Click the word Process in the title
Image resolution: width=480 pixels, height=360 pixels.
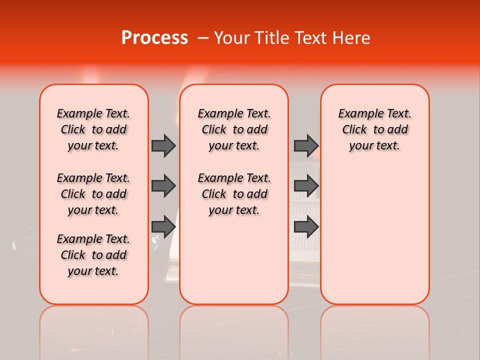[x=154, y=38]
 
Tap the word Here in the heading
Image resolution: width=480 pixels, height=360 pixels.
[x=350, y=38]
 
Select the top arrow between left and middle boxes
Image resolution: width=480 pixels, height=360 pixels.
[x=163, y=145]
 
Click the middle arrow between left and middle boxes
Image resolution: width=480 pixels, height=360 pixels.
[x=163, y=186]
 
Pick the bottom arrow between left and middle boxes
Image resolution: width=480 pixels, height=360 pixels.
[x=163, y=226]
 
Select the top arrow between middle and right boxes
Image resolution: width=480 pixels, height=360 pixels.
[x=306, y=145]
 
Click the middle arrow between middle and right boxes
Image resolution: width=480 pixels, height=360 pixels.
[x=306, y=186]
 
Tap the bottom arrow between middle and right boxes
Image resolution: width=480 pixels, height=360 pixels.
[x=306, y=226]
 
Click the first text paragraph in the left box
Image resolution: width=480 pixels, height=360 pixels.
[x=93, y=129]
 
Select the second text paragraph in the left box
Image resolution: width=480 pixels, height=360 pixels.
[x=93, y=194]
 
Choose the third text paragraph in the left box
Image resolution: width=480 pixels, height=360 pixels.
[x=93, y=255]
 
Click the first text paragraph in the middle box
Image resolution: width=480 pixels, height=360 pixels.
[x=234, y=129]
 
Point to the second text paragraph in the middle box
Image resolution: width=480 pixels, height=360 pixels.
[x=234, y=194]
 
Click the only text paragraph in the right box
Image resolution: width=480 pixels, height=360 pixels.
[x=375, y=129]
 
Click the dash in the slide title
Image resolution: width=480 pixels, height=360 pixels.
[x=203, y=38]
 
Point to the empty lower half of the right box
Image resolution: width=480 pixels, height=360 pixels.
[x=375, y=240]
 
